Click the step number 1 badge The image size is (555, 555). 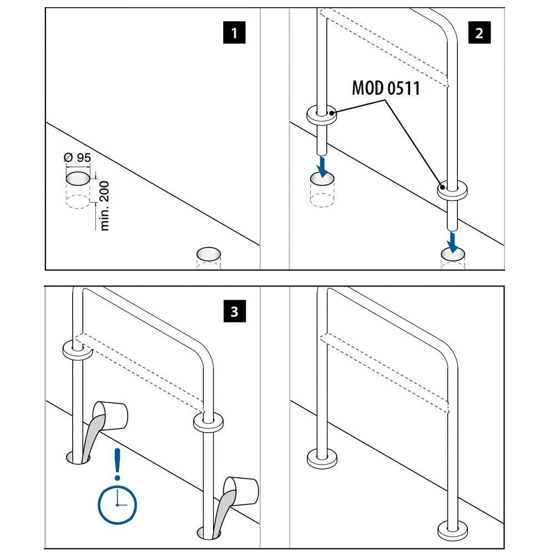tap(234, 33)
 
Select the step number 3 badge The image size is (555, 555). tap(234, 312)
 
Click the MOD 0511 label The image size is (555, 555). tap(386, 88)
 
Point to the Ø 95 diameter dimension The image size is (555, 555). tap(77, 158)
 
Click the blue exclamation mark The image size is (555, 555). tap(117, 464)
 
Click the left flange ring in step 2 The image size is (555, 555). tap(322, 115)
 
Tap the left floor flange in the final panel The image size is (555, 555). tap(322, 458)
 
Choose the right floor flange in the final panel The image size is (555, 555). tap(453, 529)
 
